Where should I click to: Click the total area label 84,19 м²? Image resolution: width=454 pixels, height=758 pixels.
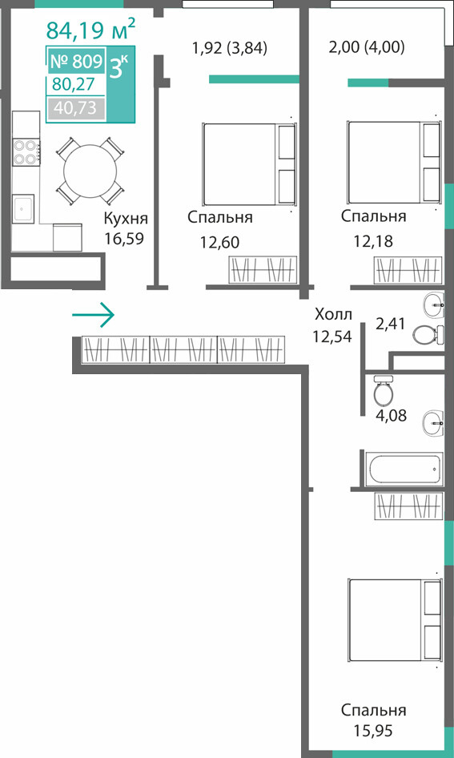coord(90,30)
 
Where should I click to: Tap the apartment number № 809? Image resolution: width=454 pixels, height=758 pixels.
coord(76,62)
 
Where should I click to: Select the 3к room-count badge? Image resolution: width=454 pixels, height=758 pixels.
coord(120,67)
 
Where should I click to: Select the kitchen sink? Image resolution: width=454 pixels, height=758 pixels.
coord(23,209)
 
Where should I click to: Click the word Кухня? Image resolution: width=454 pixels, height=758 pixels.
coord(126,219)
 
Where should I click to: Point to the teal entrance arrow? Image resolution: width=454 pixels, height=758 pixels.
coord(93,315)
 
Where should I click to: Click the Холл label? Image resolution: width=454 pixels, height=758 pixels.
coord(333,315)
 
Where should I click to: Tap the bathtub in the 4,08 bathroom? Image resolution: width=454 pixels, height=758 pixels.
coord(404,469)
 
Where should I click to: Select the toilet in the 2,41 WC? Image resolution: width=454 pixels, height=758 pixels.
coord(428,334)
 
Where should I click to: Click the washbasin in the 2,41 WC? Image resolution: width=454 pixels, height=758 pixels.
coord(435,304)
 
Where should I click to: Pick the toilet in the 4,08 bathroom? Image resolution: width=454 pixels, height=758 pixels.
coord(385,389)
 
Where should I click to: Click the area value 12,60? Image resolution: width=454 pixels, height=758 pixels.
coord(219,242)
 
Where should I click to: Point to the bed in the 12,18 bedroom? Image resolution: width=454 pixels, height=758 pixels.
coord(394,163)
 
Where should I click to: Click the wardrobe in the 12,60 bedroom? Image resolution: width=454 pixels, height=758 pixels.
coord(263,269)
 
